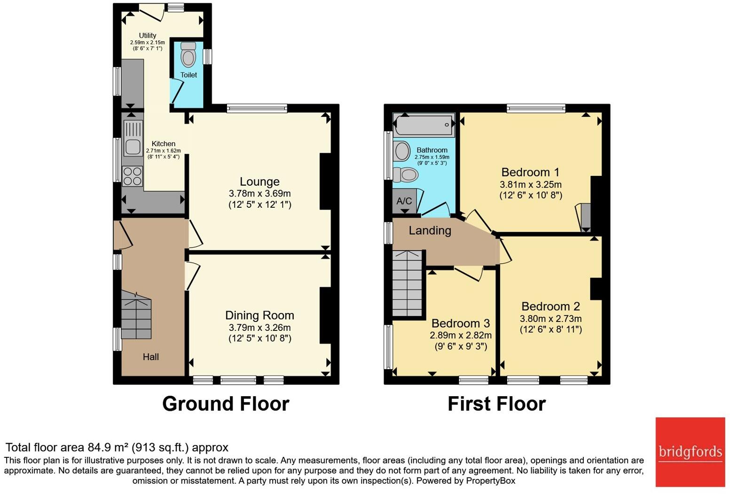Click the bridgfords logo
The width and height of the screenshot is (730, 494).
(690, 452)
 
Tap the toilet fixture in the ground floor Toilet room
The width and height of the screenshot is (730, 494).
(188, 55)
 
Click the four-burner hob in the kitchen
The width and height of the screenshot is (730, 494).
(132, 176)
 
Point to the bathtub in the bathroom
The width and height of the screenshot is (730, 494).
(423, 125)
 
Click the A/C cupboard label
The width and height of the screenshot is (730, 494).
(404, 201)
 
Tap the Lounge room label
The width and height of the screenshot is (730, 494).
(259, 181)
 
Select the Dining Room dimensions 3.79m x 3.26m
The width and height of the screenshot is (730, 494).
(259, 328)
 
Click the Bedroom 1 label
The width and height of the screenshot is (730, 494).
(530, 172)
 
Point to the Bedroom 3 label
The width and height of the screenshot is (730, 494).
(460, 323)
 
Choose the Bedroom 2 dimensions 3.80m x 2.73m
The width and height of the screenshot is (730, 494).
(550, 319)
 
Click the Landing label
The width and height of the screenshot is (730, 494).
(430, 230)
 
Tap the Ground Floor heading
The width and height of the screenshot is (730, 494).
(226, 404)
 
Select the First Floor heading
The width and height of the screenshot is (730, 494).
(496, 404)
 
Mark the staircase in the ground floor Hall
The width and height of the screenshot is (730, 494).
(136, 314)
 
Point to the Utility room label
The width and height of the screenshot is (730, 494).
(147, 35)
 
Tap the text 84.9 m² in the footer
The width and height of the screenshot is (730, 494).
(108, 447)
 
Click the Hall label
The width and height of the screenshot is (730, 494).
(150, 357)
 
